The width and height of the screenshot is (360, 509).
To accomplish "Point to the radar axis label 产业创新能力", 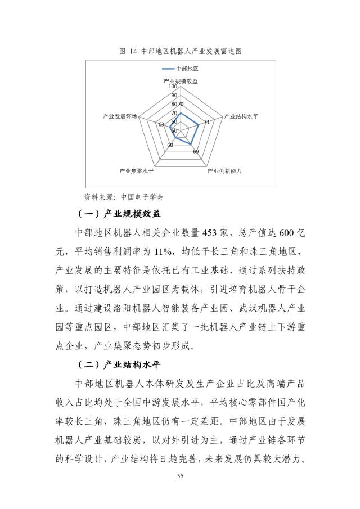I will click(224, 170).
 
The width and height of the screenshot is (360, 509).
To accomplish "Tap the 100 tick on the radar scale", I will click(173, 87).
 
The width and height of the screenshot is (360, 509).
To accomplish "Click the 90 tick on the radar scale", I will click(174, 96).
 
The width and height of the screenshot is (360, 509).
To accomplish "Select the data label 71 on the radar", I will click(207, 121).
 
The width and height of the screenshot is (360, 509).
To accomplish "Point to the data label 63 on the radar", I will click(161, 124).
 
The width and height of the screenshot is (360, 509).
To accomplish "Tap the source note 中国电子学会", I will click(142, 197).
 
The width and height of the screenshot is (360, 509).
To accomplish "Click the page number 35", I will click(180, 477).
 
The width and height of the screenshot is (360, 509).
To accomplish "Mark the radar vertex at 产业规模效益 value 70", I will click(180, 113).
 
